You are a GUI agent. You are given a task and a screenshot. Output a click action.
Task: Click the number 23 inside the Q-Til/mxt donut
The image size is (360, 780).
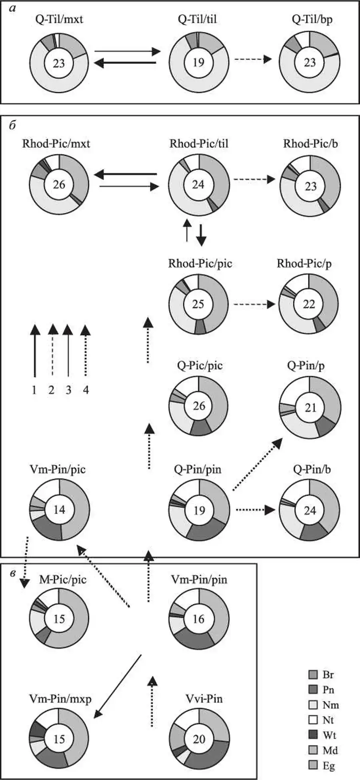[59, 63]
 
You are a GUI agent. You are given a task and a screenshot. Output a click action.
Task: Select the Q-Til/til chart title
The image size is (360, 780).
[198, 19]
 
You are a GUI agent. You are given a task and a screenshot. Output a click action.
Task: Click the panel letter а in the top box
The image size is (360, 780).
[12, 8]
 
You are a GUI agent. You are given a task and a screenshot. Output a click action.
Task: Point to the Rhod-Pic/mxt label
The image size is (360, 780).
[56, 143]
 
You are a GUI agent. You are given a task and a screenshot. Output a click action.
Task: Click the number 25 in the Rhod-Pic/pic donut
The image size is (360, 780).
[198, 304]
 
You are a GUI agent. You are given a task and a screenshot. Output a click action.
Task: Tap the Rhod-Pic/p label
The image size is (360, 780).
[304, 264]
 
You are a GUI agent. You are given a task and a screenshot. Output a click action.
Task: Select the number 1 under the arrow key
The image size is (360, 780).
[34, 390]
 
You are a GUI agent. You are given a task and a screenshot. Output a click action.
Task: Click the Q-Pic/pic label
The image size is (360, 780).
[200, 365]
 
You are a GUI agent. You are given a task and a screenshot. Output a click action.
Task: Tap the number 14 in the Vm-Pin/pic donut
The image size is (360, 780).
[59, 509]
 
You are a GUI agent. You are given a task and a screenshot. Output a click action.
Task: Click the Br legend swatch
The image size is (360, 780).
[313, 675]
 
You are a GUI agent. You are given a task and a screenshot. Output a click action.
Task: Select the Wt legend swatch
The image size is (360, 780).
[313, 735]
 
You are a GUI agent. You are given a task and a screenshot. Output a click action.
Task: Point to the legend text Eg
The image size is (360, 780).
[328, 766]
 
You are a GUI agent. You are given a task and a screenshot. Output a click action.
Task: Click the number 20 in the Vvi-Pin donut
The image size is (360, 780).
[199, 739]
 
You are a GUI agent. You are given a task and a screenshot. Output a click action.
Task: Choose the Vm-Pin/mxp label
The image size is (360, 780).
[60, 699]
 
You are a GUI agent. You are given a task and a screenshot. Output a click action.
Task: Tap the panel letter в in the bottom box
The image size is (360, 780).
[13, 573]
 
